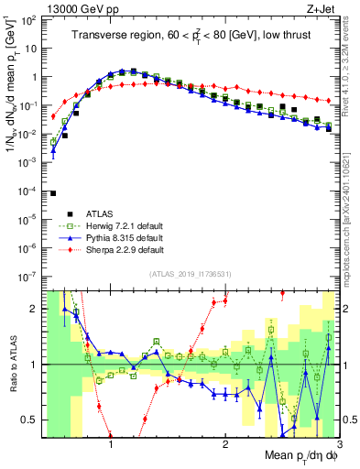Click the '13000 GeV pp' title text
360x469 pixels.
[71, 7]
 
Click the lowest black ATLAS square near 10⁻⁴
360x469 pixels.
[53, 193]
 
